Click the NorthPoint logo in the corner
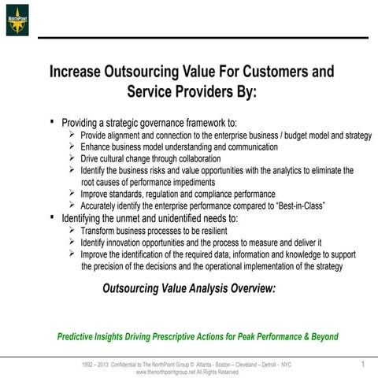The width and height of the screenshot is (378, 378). [x=17, y=20]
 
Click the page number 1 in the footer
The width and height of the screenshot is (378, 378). [x=363, y=364]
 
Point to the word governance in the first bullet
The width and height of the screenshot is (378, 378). [x=162, y=123]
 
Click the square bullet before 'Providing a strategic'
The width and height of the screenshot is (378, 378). [x=51, y=122]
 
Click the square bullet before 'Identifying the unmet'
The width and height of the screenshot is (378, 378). [x=51, y=217]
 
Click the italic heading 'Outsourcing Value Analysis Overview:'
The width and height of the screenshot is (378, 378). [x=189, y=288]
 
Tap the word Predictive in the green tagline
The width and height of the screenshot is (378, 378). [x=79, y=336]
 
